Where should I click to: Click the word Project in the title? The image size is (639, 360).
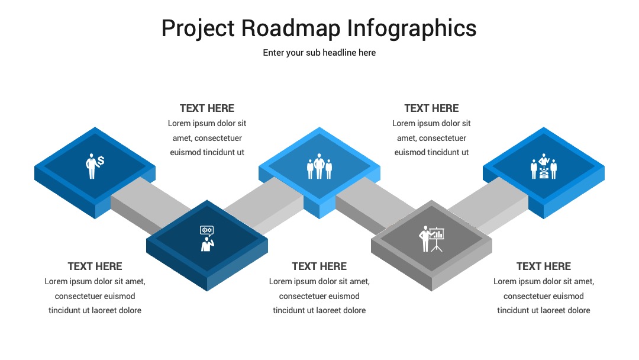click(198, 28)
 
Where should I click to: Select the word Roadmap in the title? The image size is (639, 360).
click(291, 28)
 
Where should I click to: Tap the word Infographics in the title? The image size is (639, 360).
click(412, 28)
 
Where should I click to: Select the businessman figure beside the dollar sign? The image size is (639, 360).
click(91, 166)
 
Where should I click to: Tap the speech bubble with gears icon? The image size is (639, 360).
click(206, 230)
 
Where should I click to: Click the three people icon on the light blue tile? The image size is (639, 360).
click(319, 166)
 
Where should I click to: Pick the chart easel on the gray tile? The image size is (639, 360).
click(437, 239)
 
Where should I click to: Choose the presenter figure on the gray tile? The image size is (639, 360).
click(425, 239)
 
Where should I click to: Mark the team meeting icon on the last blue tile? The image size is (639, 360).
click(544, 166)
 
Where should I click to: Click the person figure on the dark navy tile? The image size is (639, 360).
click(208, 245)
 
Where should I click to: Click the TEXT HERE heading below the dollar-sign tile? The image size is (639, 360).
click(95, 266)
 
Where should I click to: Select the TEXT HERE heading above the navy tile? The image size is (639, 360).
click(207, 108)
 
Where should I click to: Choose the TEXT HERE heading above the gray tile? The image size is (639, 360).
click(431, 108)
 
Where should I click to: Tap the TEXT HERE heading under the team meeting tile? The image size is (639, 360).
click(544, 266)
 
